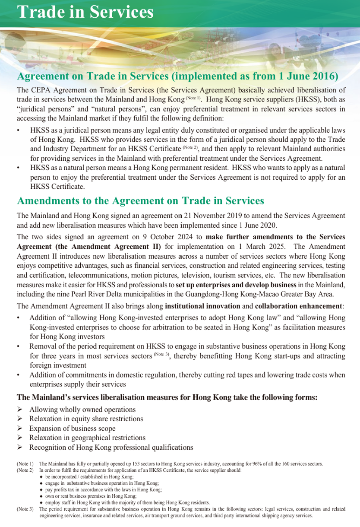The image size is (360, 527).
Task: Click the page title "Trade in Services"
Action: click(85, 12)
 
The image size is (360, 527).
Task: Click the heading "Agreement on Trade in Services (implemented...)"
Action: click(177, 76)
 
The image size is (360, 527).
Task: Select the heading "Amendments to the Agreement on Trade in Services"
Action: click(140, 201)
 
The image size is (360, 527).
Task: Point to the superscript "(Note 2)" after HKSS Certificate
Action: click(190, 148)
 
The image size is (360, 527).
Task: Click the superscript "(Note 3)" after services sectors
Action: click(161, 355)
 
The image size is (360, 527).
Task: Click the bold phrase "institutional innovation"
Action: click(202, 306)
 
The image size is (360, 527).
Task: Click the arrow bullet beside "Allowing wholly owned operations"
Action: click(19, 410)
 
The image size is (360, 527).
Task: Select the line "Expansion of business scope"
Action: click(72, 429)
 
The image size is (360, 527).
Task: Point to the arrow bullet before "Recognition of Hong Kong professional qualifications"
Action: click(19, 447)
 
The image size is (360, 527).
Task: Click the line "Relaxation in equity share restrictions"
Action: click(86, 419)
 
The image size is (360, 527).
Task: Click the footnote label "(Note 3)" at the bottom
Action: click(25, 509)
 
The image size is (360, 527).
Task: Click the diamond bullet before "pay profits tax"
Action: click(41, 490)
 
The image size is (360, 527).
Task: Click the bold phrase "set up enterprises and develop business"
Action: click(236, 285)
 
